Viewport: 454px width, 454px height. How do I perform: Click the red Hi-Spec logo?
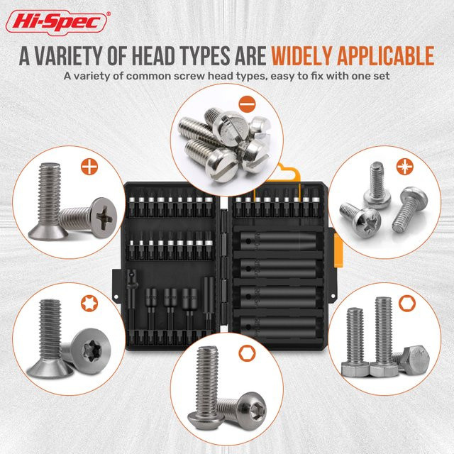tap(57, 22)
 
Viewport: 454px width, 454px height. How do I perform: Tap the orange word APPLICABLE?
tap(386, 55)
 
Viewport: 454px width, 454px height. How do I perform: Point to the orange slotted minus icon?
tap(248, 104)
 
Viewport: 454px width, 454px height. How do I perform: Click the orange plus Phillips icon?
tap(89, 167)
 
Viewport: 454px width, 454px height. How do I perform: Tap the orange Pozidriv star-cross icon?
tap(405, 167)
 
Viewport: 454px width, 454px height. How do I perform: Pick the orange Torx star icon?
tap(89, 303)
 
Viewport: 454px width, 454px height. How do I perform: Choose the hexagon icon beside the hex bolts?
tap(406, 304)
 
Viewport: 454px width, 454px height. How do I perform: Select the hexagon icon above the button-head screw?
tap(247, 354)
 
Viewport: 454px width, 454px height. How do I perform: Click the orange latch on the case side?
tap(338, 250)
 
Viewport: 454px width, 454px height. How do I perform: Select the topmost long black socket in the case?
tap(278, 241)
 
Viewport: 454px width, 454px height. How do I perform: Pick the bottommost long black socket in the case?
tap(278, 327)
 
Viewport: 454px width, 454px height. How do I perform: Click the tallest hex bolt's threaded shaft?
tap(383, 330)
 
